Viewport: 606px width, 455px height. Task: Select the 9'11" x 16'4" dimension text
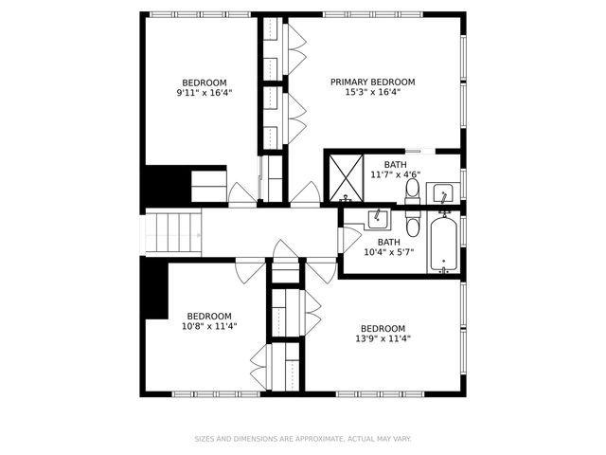pos(204,93)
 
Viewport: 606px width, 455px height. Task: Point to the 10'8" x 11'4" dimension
pos(208,326)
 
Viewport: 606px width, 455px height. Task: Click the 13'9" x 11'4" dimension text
pos(383,338)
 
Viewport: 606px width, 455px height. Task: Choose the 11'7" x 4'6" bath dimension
pos(395,174)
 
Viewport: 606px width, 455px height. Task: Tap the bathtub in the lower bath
pos(443,244)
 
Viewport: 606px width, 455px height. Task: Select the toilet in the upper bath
pos(413,191)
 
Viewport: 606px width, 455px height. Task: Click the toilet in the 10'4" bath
pos(413,226)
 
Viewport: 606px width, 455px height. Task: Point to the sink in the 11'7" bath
pos(443,195)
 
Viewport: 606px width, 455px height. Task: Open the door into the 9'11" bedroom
pos(242,193)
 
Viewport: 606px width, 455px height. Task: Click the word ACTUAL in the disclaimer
pos(360,439)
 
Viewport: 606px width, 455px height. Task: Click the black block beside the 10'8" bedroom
pos(153,289)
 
